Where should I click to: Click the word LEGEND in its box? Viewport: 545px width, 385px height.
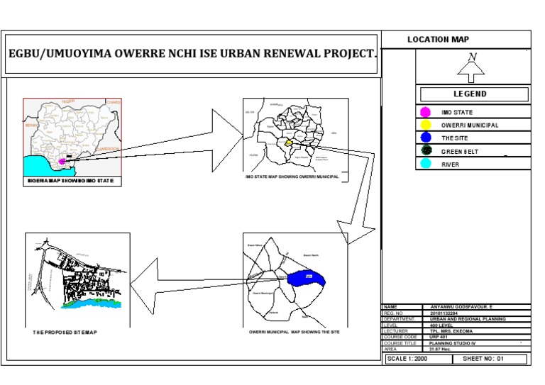click(470, 94)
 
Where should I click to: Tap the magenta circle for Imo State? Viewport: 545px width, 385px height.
click(426, 112)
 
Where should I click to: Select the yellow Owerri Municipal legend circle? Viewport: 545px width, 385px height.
click(426, 125)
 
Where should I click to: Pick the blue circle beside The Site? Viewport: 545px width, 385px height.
click(426, 138)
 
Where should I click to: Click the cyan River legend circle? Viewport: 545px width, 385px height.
click(426, 164)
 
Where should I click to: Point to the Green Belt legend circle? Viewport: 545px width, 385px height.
click(426, 150)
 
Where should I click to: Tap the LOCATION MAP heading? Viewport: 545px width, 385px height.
click(438, 40)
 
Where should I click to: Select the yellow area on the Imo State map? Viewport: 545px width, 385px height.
click(288, 143)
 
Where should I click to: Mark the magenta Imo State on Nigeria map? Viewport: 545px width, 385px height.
click(62, 162)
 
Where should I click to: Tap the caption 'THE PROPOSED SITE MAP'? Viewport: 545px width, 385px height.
click(65, 333)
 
